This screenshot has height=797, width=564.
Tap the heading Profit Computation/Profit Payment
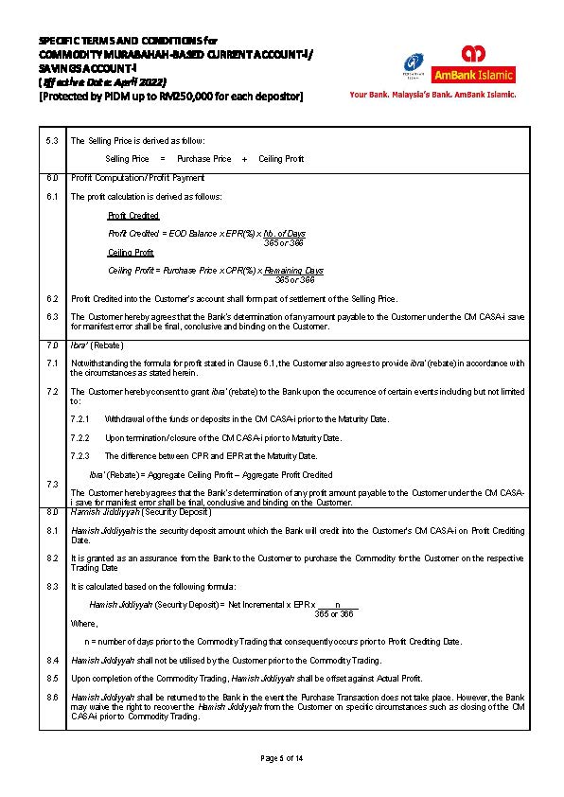(137, 178)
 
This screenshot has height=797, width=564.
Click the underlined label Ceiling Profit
(131, 253)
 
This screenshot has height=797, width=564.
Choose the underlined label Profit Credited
(133, 216)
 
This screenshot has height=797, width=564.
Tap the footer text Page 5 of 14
(281, 758)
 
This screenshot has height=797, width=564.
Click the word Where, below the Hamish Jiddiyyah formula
(84, 624)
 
